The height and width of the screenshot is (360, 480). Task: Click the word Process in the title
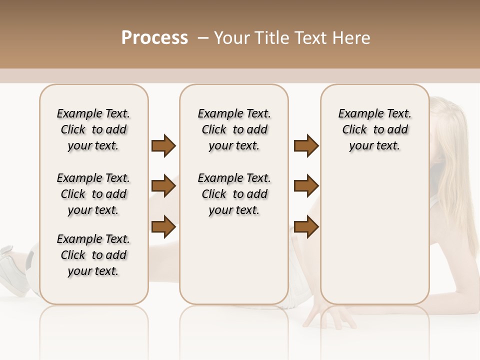point(154,38)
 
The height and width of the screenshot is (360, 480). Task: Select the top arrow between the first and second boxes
point(163,146)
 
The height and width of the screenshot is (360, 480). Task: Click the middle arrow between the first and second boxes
point(163,186)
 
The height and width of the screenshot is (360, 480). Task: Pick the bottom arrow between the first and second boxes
point(163,227)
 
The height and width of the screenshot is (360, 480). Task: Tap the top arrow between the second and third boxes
point(306,146)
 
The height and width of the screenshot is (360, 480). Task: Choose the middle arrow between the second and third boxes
point(306,186)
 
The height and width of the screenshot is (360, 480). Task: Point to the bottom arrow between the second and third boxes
point(306,227)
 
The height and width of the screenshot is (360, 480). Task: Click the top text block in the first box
point(93,129)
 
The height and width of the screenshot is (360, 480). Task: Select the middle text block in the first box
point(93,194)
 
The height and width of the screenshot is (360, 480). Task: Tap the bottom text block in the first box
point(93,255)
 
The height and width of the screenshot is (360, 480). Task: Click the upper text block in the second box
point(234,129)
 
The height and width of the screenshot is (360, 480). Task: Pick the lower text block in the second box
point(234,194)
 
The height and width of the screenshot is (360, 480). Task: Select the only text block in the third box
point(374,129)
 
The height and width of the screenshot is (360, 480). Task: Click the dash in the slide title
point(203,38)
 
